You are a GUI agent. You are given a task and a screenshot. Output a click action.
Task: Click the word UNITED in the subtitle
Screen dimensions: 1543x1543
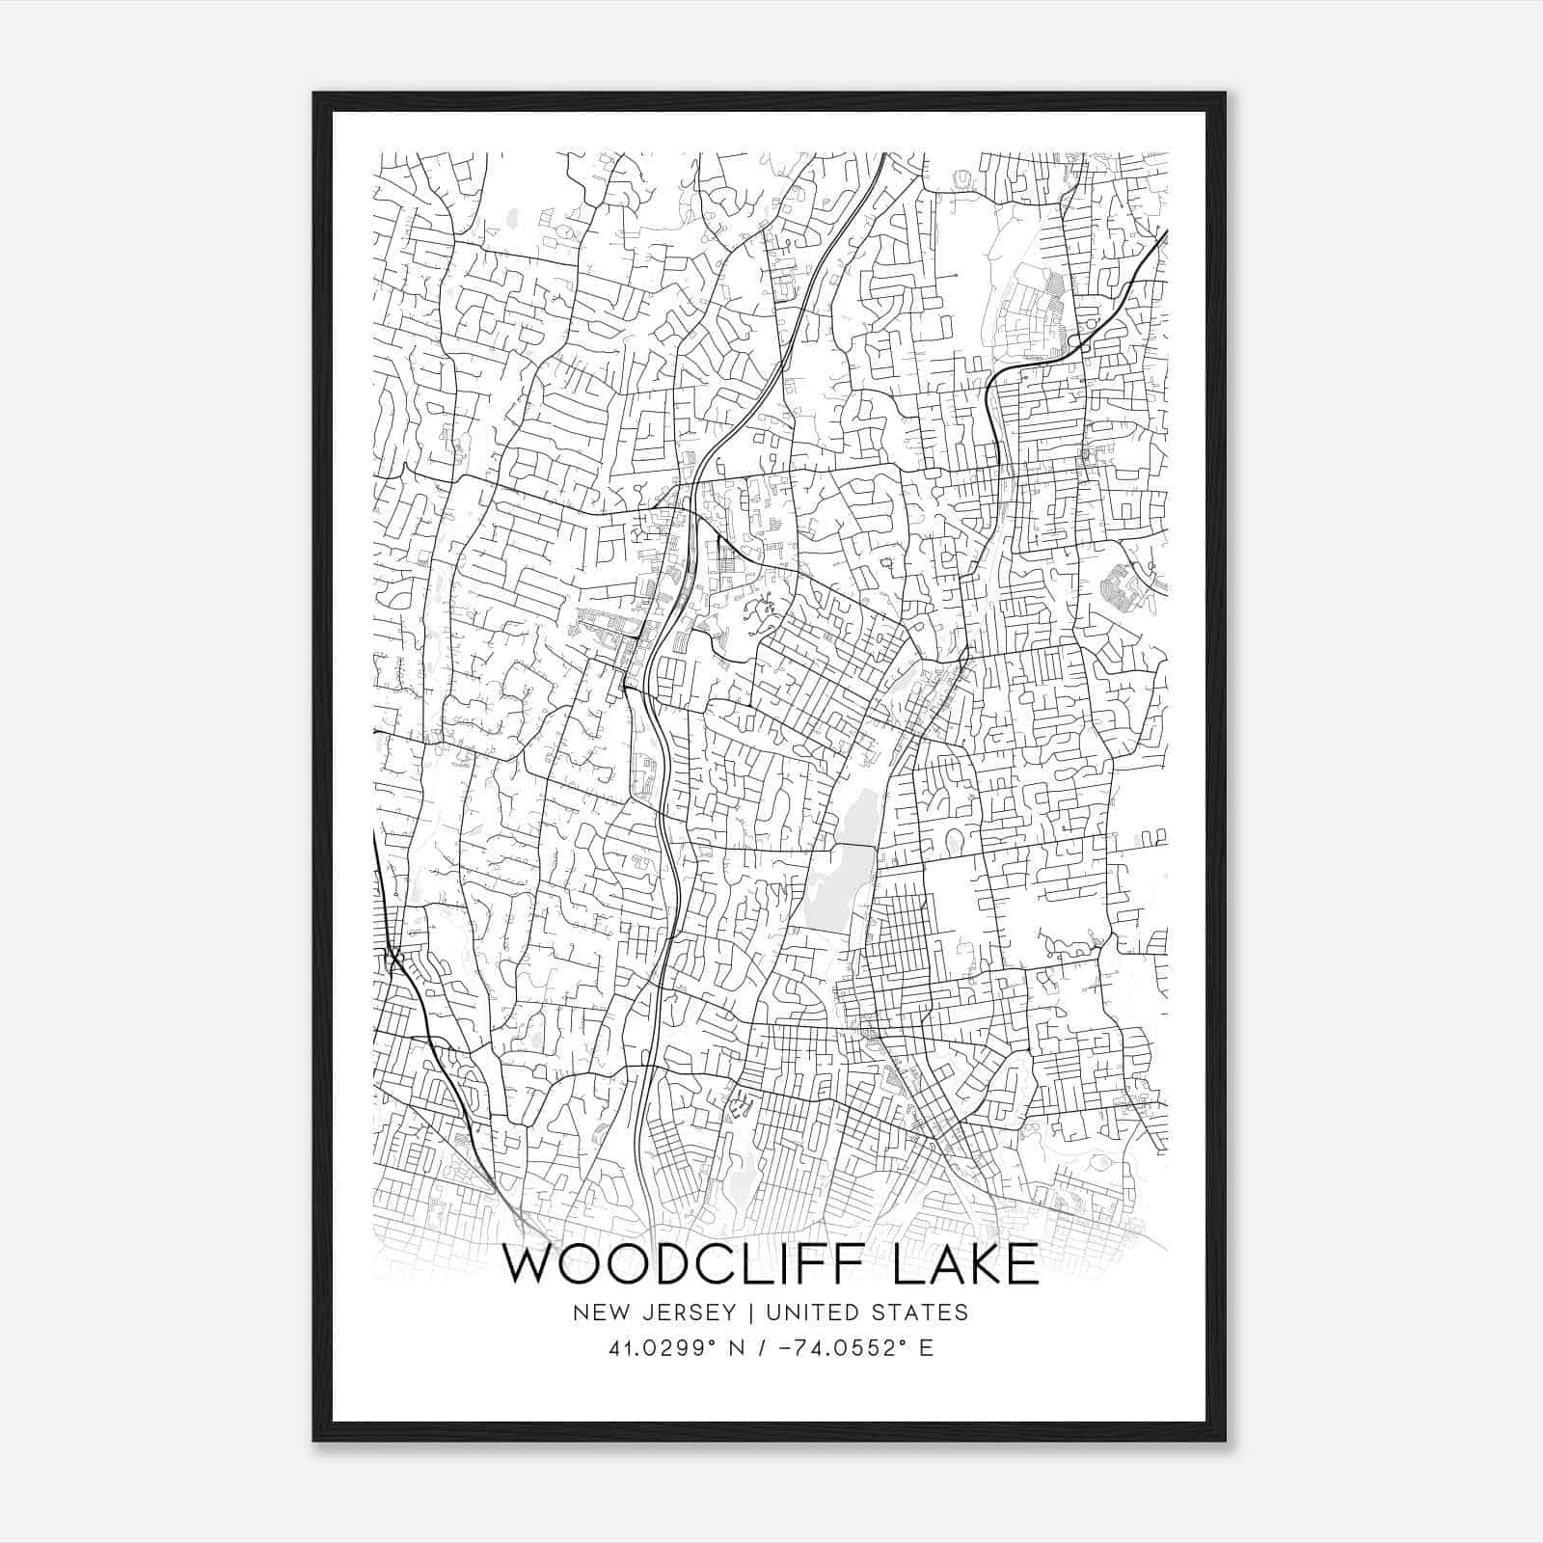click(807, 1313)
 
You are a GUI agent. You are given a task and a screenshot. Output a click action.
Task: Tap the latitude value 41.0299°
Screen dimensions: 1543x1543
click(664, 1348)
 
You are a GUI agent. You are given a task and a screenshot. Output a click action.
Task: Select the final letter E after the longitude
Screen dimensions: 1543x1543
click(926, 1348)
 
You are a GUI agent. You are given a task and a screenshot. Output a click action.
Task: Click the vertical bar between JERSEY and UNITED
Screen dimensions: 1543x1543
click(744, 1313)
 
